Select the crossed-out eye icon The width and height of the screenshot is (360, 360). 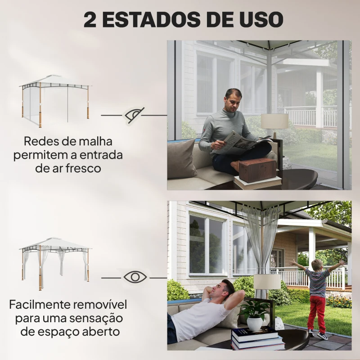(x=135, y=115)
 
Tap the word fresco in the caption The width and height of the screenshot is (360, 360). (x=85, y=168)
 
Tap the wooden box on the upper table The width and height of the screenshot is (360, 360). (x=257, y=170)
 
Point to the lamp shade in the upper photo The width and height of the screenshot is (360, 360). (x=274, y=121)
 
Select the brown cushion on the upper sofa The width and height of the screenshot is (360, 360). (x=183, y=158)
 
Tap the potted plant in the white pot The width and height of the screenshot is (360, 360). (x=255, y=315)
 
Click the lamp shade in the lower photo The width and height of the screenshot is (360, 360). (x=267, y=282)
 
